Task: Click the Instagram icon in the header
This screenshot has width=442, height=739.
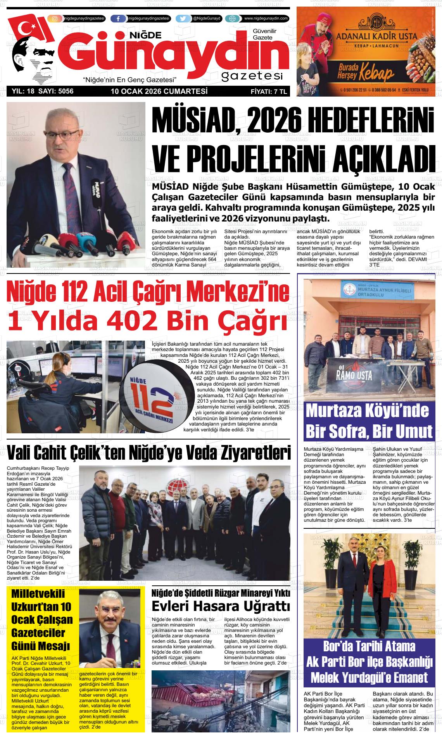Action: coord(55,19)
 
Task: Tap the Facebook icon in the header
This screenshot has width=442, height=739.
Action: coord(118,19)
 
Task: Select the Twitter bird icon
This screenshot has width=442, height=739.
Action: coord(183,19)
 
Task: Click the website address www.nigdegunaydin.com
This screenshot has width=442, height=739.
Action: coord(266,19)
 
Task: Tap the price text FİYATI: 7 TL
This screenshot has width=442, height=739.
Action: coord(269,92)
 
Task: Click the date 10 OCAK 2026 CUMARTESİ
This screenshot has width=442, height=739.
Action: coord(159,92)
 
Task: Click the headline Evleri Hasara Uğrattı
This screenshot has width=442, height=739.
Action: coord(221,606)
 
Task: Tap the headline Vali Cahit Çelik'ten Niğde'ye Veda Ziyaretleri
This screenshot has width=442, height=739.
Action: coord(148,452)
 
